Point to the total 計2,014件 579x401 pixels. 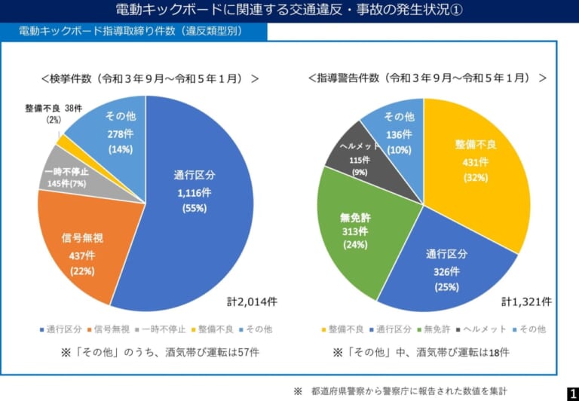click(x=252, y=302)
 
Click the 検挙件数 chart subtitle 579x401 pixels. click(x=150, y=78)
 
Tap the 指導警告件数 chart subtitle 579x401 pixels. click(x=427, y=78)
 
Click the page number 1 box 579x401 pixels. click(x=571, y=393)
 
